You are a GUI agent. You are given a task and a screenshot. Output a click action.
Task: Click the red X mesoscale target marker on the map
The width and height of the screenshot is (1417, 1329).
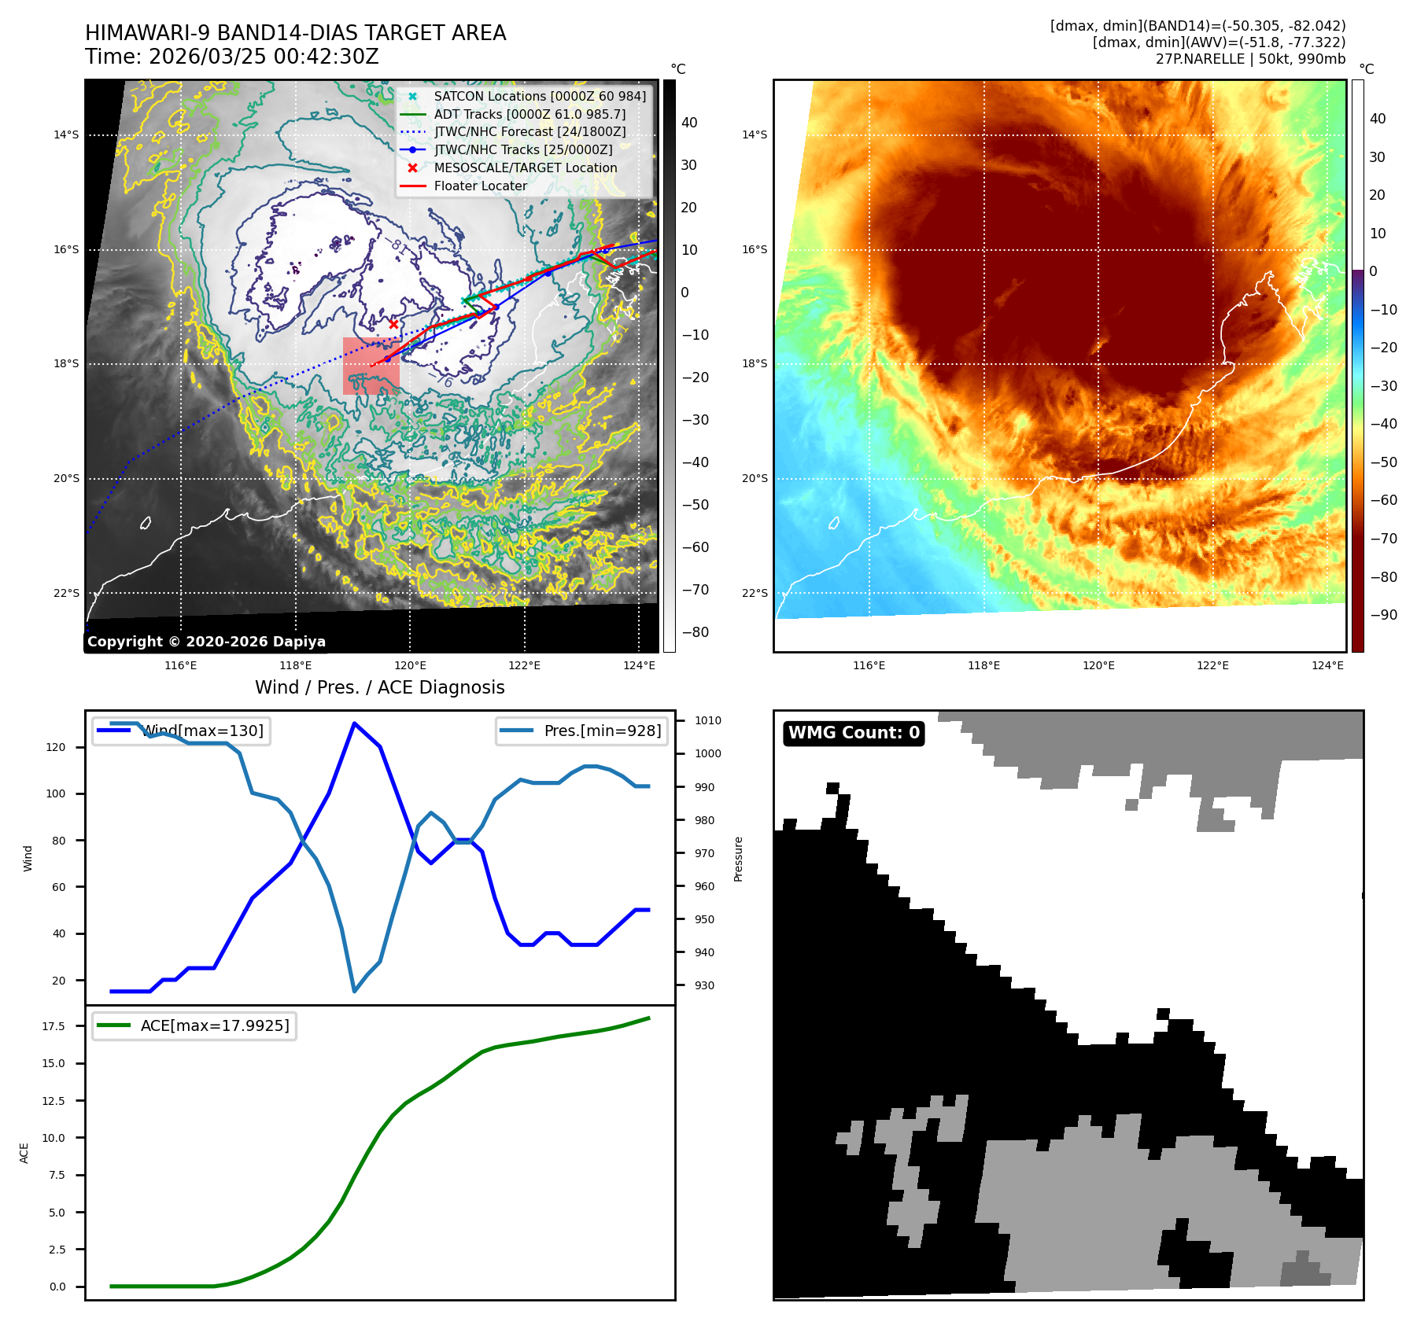point(393,324)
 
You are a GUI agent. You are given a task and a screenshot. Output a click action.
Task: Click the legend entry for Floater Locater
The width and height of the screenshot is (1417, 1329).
point(480,186)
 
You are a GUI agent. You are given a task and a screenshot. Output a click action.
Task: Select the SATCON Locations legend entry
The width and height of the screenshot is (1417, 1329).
point(539,97)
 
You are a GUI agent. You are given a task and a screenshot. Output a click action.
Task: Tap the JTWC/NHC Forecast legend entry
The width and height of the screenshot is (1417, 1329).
point(530,132)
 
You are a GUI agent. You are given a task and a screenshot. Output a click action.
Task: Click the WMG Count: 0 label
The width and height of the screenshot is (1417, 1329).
point(854,733)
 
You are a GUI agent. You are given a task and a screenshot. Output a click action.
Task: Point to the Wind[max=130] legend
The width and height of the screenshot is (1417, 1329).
point(182,731)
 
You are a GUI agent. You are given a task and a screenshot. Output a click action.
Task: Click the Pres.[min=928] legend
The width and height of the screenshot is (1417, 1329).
point(583,731)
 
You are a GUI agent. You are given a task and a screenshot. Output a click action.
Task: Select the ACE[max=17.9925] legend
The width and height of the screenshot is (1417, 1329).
point(194,1026)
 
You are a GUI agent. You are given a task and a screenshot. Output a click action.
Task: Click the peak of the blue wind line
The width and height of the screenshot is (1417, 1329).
point(355,723)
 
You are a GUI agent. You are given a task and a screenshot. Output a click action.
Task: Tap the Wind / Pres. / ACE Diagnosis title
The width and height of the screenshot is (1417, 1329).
point(379,688)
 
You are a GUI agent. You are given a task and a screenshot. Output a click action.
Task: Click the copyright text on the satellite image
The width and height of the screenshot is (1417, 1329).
point(206,642)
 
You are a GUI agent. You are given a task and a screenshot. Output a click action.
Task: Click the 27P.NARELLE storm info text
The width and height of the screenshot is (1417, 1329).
point(1250,59)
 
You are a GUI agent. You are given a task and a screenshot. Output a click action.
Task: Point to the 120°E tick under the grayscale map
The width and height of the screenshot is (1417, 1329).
point(410,666)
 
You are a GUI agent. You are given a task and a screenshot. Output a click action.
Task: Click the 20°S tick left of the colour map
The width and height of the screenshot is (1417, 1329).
point(755,479)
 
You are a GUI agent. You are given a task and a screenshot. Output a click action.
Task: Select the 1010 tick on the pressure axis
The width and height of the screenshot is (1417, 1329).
point(708,720)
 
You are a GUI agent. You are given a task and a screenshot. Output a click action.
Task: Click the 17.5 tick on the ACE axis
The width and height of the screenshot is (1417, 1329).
point(54,1026)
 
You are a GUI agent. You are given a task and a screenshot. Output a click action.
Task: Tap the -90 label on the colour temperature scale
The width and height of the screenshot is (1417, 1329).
point(1383,615)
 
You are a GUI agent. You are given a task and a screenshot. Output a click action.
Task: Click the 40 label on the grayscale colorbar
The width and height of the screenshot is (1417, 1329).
point(689,123)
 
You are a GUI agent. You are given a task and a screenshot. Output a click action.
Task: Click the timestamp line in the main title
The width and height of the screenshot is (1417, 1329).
point(232,57)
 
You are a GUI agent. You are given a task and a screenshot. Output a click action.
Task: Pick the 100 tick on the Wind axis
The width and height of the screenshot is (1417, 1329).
point(56,794)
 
